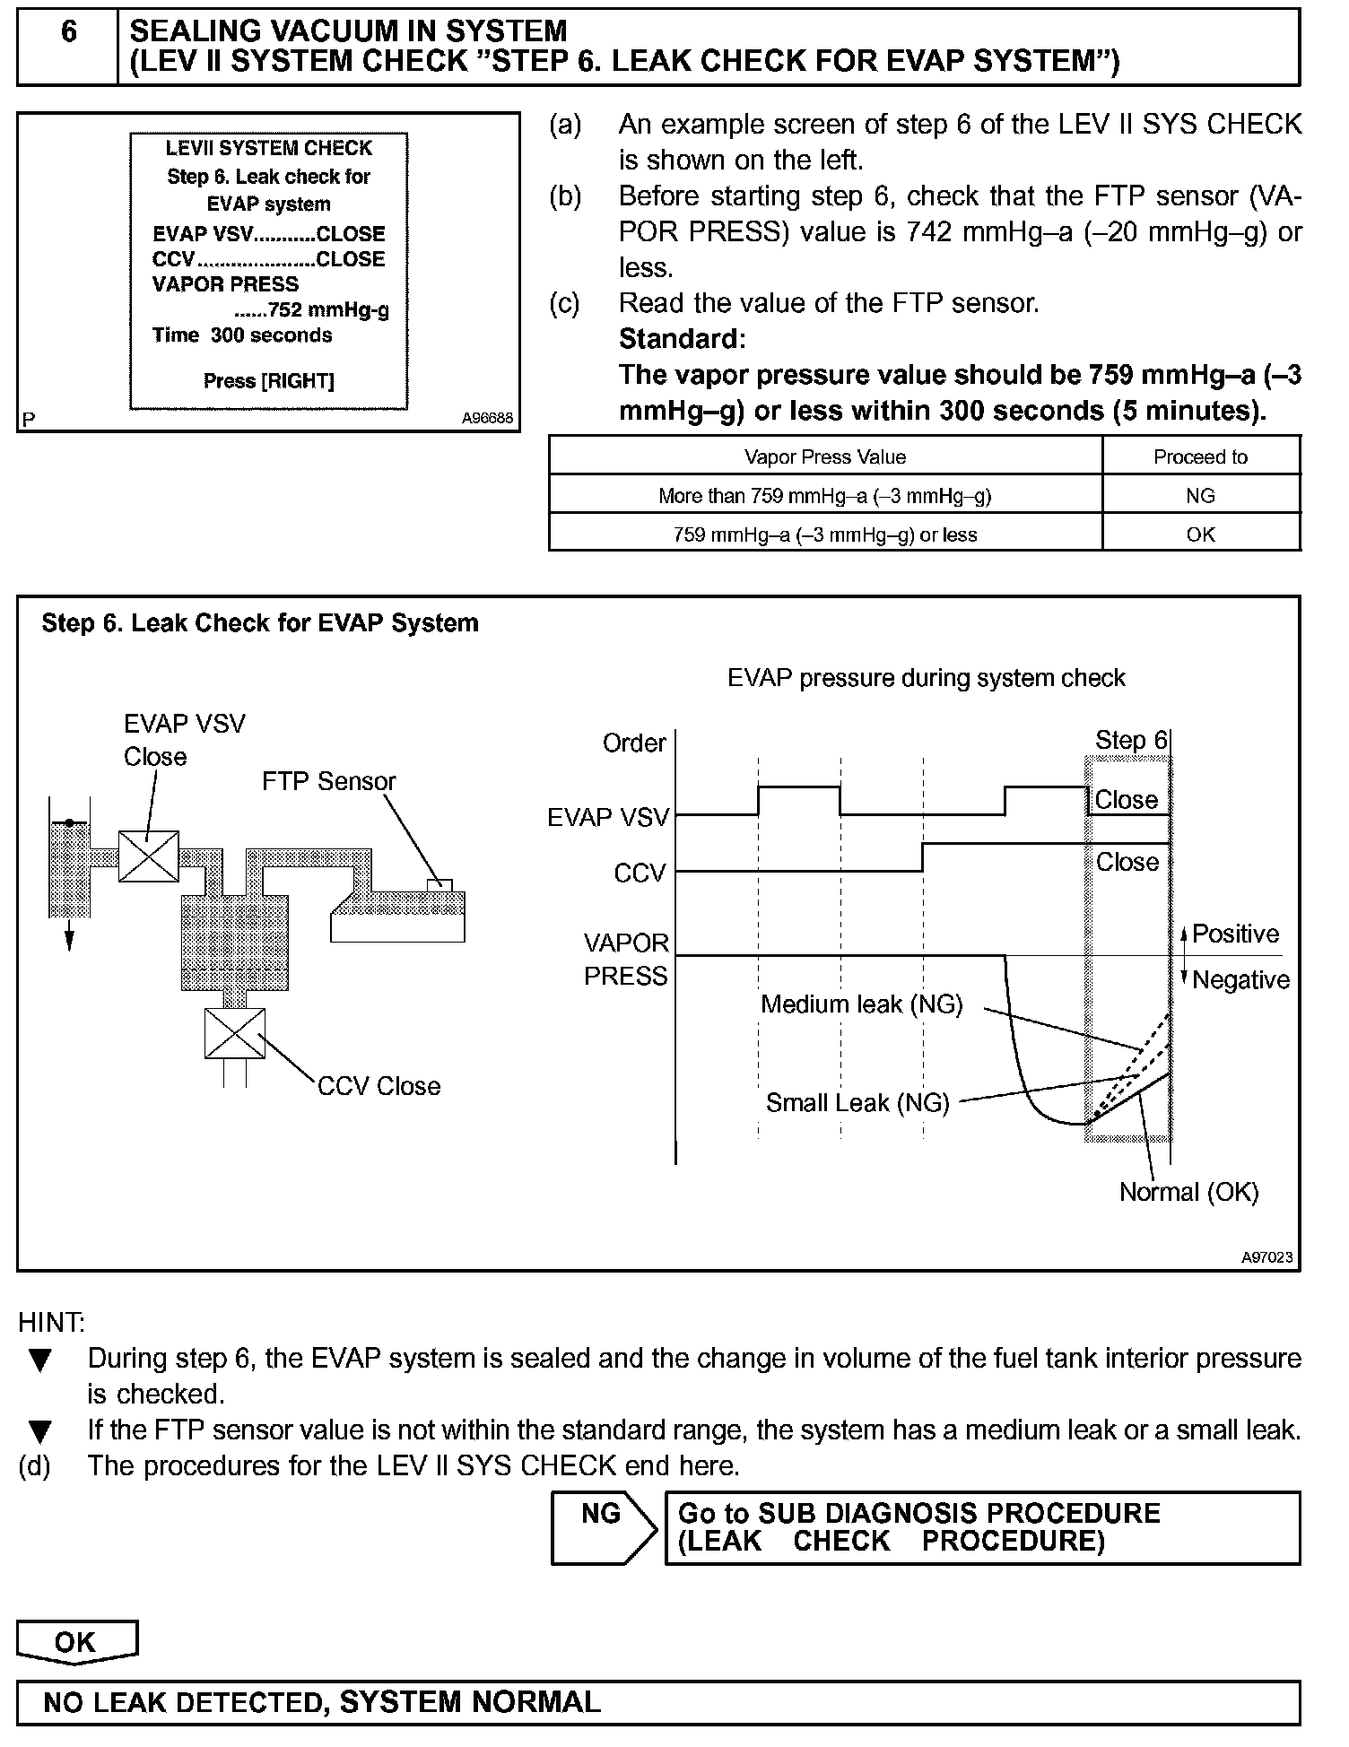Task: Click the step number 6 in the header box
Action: pyautogui.click(x=68, y=33)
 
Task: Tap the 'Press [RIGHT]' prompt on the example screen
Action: pyautogui.click(x=268, y=381)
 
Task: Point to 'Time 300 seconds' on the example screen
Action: pyautogui.click(x=242, y=335)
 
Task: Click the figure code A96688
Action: pyautogui.click(x=487, y=418)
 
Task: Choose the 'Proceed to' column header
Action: pyautogui.click(x=1200, y=457)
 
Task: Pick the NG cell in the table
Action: pyautogui.click(x=1200, y=496)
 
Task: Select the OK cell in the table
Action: pyautogui.click(x=1200, y=535)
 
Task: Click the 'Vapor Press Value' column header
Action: pyautogui.click(x=824, y=457)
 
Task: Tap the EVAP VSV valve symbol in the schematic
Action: pyautogui.click(x=149, y=856)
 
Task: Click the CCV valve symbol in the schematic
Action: pyautogui.click(x=235, y=1033)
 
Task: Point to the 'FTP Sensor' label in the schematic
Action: pyautogui.click(x=328, y=781)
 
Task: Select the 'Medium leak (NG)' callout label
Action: pyautogui.click(x=861, y=1004)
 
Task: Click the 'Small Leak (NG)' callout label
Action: pyautogui.click(x=857, y=1103)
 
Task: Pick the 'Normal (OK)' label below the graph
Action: pyautogui.click(x=1188, y=1192)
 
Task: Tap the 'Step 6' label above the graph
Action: pyautogui.click(x=1130, y=741)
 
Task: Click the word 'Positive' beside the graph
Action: pyautogui.click(x=1235, y=934)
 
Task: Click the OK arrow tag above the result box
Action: pyautogui.click(x=76, y=1642)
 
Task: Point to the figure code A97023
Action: pyautogui.click(x=1266, y=1257)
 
